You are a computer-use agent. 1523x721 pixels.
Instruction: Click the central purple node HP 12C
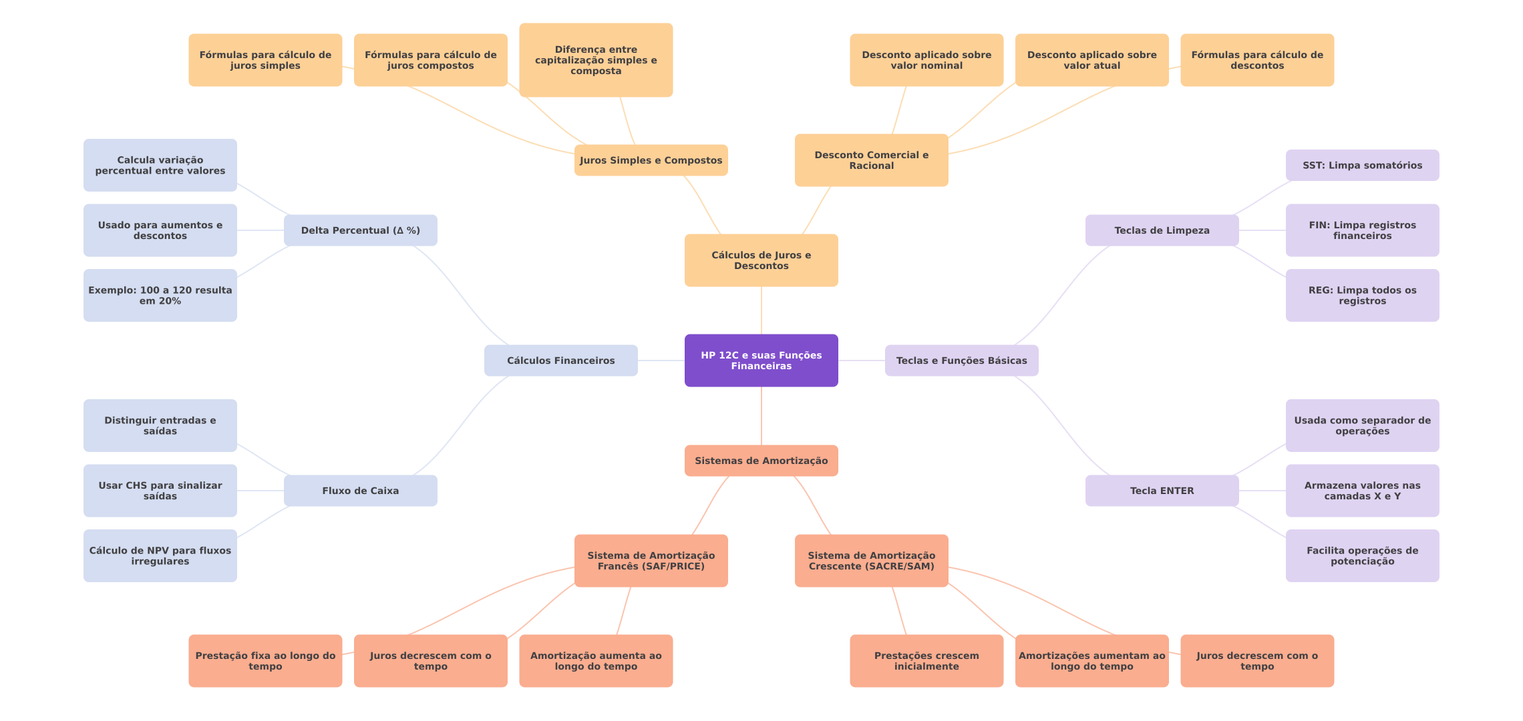pyautogui.click(x=761, y=360)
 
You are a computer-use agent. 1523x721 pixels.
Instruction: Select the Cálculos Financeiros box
pyautogui.click(x=560, y=360)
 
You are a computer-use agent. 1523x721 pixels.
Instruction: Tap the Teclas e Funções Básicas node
pyautogui.click(x=961, y=360)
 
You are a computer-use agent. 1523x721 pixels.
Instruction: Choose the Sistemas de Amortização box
pyautogui.click(x=761, y=461)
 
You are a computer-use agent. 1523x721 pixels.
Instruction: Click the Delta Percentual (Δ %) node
pyautogui.click(x=360, y=230)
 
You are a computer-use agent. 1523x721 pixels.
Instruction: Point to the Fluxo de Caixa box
pyautogui.click(x=360, y=491)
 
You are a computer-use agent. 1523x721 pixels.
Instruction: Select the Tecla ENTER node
pyautogui.click(x=1162, y=491)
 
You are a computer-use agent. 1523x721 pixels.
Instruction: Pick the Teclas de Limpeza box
pyautogui.click(x=1162, y=230)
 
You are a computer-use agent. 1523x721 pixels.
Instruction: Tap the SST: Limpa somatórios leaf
pyautogui.click(x=1362, y=165)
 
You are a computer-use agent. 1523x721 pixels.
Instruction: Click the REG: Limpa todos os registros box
pyautogui.click(x=1362, y=295)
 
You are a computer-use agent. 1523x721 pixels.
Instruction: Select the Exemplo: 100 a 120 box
pyautogui.click(x=160, y=295)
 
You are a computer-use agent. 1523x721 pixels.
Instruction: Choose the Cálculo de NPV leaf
pyautogui.click(x=160, y=555)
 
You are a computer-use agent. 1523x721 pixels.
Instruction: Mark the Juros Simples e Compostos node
pyautogui.click(x=651, y=160)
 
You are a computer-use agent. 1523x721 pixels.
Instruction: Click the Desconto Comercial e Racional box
pyautogui.click(x=871, y=160)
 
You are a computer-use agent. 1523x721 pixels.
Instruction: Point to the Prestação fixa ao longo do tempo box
pyautogui.click(x=265, y=661)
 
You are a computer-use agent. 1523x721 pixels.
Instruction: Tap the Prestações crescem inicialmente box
pyautogui.click(x=926, y=661)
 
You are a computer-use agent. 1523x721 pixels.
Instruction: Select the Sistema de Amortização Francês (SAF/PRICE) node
pyautogui.click(x=651, y=561)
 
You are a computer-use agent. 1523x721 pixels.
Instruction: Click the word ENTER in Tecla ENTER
pyautogui.click(x=1177, y=491)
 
